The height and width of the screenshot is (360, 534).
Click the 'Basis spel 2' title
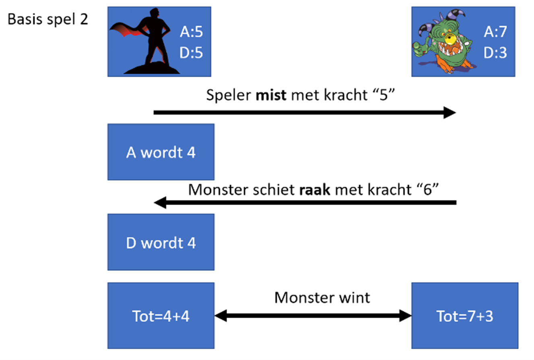(48, 19)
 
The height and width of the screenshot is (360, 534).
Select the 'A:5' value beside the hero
(191, 33)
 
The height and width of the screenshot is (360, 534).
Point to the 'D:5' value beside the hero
(191, 52)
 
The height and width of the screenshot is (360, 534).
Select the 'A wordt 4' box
(161, 152)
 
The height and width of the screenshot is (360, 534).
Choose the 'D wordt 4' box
(161, 243)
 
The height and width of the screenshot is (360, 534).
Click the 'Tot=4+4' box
(161, 316)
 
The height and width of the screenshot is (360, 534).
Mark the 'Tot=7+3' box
(465, 316)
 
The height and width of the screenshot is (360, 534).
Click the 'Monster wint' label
(322, 298)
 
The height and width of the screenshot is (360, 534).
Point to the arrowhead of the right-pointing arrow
(451, 113)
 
